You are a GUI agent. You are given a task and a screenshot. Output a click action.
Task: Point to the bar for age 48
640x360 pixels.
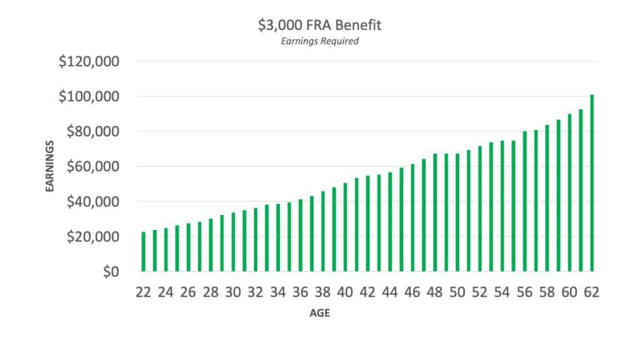click(435, 212)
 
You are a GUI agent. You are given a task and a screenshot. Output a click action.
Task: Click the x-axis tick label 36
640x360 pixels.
click(301, 292)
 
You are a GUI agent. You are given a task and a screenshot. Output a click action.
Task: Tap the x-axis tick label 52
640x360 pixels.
click(480, 292)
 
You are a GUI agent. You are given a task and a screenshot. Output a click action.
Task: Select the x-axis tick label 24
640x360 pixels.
click(166, 292)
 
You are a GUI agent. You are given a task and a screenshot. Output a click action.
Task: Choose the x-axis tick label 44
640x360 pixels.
click(390, 292)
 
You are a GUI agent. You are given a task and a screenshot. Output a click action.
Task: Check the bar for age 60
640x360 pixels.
click(569, 193)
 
